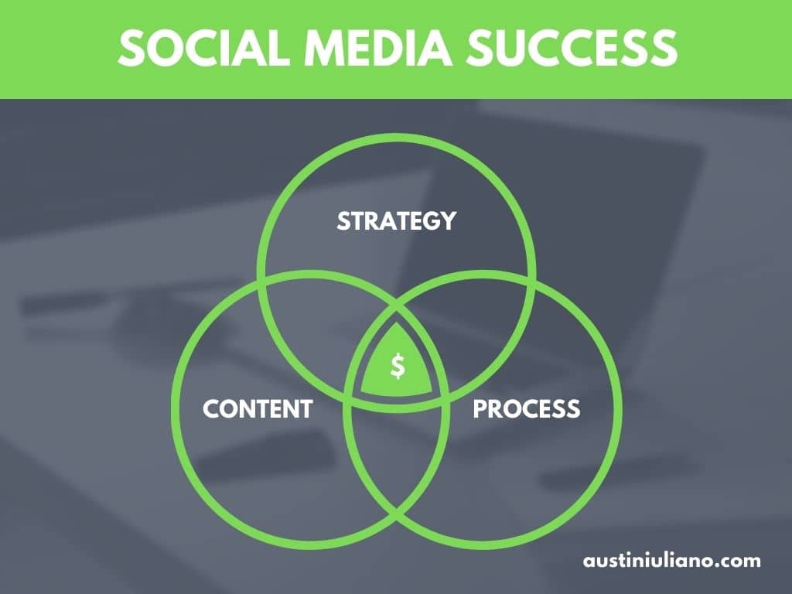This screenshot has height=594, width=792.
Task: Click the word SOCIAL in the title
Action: tap(203, 47)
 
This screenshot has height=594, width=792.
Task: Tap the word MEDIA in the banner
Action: tap(377, 47)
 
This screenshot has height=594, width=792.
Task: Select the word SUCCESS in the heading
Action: tap(572, 47)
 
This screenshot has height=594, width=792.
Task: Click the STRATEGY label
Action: tap(397, 221)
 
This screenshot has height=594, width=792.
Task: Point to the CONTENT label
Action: tap(258, 408)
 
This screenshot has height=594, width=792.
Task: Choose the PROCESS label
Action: tap(526, 408)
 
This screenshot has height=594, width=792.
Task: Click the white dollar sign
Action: tap(398, 366)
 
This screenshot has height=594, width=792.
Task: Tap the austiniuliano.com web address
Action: tap(672, 560)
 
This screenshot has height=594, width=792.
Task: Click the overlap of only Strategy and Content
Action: tap(323, 323)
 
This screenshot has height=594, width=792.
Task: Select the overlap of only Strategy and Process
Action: tap(469, 323)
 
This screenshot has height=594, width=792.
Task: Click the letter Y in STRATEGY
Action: tap(449, 221)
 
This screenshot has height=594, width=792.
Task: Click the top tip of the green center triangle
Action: tap(397, 323)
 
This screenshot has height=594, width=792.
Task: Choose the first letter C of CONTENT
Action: tap(211, 408)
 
